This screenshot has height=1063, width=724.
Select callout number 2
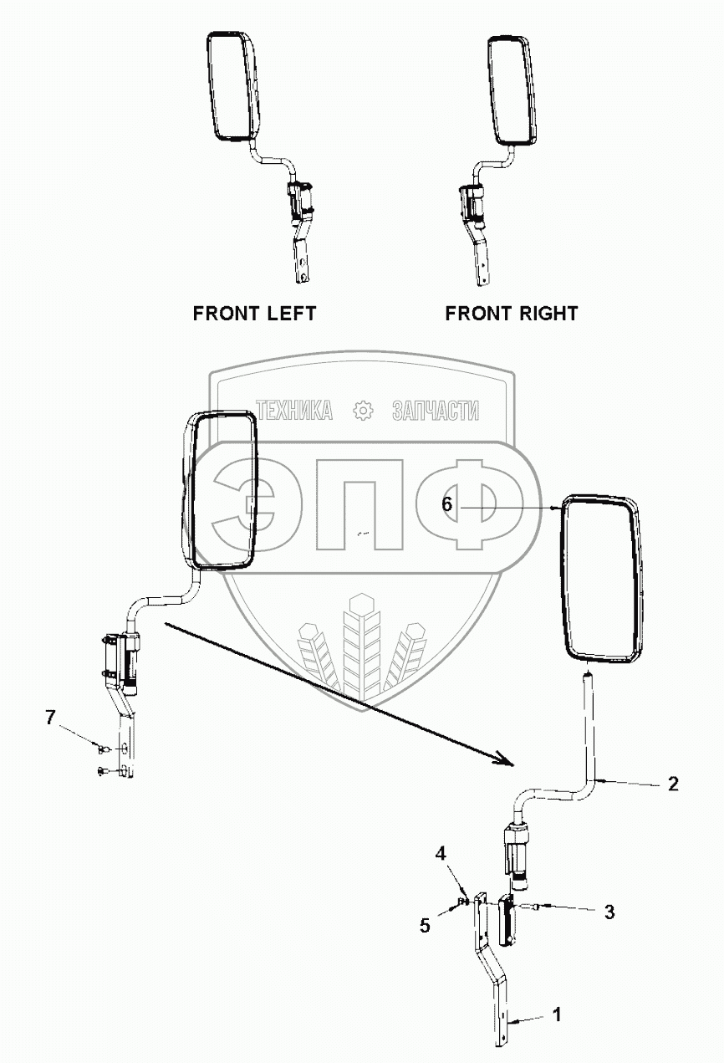(x=673, y=784)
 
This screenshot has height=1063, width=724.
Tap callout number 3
(x=609, y=912)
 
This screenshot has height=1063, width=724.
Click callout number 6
(x=447, y=504)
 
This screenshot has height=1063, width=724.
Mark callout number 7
(x=51, y=717)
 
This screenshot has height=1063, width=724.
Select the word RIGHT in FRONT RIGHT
(x=545, y=314)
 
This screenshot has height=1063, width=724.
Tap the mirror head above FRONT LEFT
(x=230, y=87)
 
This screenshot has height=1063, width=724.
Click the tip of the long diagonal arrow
(x=511, y=764)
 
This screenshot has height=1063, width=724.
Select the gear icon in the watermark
(x=362, y=411)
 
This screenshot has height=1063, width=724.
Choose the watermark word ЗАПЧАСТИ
(x=435, y=411)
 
